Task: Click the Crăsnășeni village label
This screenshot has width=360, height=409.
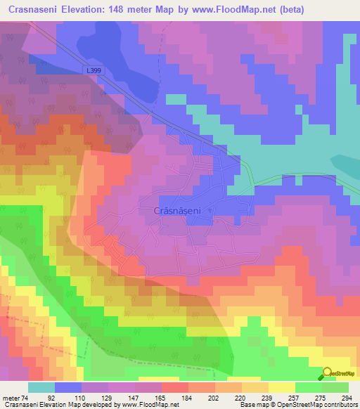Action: (x=181, y=210)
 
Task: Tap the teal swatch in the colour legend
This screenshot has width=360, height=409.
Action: (x=41, y=387)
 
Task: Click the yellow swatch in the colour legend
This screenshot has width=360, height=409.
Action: (x=281, y=387)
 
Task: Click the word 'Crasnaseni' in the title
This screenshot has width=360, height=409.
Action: (x=36, y=10)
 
